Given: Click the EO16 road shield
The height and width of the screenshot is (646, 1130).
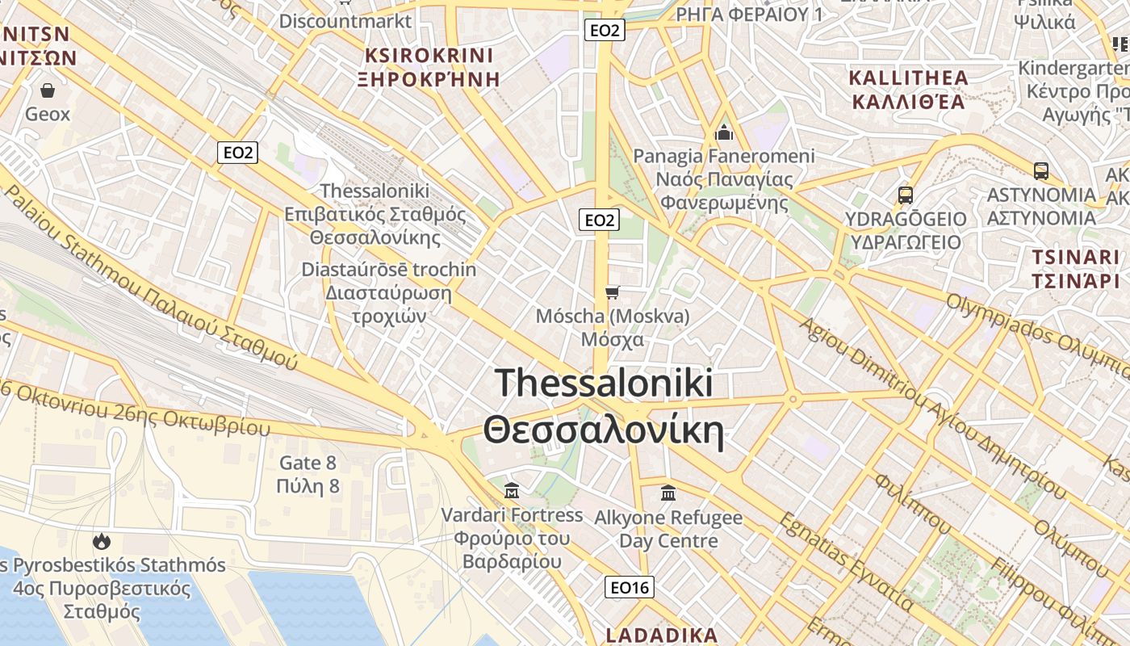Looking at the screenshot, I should (630, 588).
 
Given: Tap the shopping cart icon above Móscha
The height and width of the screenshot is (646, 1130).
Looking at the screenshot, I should (613, 292).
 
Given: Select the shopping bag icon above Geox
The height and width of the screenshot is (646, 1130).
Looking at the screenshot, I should (48, 90).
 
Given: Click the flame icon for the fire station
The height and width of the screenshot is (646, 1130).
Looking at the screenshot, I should (102, 540).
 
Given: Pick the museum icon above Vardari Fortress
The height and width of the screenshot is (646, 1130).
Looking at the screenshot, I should (511, 490).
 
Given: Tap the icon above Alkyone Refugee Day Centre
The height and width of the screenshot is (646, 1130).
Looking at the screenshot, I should (668, 492).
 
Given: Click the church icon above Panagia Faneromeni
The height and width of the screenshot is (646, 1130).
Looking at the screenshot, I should (724, 132).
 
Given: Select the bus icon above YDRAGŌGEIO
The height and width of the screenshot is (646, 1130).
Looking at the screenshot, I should (905, 195).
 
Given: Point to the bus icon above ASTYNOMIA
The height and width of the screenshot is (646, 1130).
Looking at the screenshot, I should (1041, 170).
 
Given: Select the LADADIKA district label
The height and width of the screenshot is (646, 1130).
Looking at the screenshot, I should (661, 635).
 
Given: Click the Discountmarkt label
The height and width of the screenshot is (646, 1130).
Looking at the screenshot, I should (345, 21).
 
